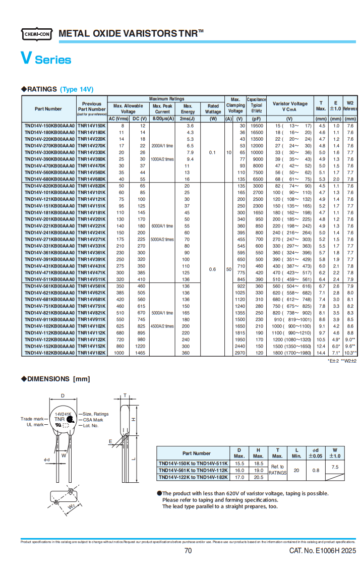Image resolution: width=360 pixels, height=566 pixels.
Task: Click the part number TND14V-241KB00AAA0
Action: pos(49,233)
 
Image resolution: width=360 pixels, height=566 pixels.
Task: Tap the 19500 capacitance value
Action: pos(257,126)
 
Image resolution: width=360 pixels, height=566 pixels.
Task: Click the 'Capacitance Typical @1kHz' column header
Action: pos(256,105)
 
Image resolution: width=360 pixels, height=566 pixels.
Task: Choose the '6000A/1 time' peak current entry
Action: pos(162,226)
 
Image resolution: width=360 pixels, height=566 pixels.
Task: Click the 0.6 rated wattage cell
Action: pos(213,269)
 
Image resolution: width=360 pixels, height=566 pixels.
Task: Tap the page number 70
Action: pos(188,551)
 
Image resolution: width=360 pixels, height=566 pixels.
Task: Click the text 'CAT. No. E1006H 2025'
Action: pos(322,551)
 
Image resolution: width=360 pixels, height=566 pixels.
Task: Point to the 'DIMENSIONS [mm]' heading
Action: pos(49,379)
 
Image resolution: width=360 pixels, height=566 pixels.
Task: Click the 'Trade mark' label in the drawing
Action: pos(32,419)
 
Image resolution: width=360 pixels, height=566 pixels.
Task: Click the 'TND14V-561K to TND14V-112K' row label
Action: pos(192,470)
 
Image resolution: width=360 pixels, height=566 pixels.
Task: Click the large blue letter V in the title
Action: pos(26,59)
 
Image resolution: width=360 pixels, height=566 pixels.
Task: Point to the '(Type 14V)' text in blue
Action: pos(77,89)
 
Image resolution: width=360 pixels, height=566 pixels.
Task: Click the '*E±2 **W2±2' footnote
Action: pos(342,361)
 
